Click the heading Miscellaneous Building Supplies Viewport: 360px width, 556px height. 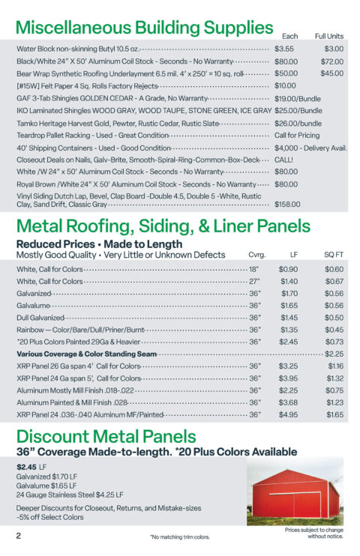pos(144,28)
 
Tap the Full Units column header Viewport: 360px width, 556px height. pos(328,36)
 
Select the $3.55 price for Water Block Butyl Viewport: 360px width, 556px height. pos(284,49)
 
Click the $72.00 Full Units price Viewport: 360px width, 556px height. pos(331,61)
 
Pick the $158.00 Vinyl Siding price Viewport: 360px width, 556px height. pos(287,203)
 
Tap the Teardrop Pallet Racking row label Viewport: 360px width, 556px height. pos(92,135)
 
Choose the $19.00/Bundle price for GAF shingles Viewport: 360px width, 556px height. pos(298,98)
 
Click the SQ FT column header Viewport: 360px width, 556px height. pos(334,255)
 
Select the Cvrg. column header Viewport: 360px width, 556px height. pos(256,255)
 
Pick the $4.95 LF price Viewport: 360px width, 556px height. pos(288,414)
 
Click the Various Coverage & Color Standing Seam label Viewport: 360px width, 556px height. pos(86,354)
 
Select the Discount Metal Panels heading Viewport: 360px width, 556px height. pos(106,436)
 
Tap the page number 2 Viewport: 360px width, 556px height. pos(19,536)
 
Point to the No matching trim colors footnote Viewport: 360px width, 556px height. pos(179,537)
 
